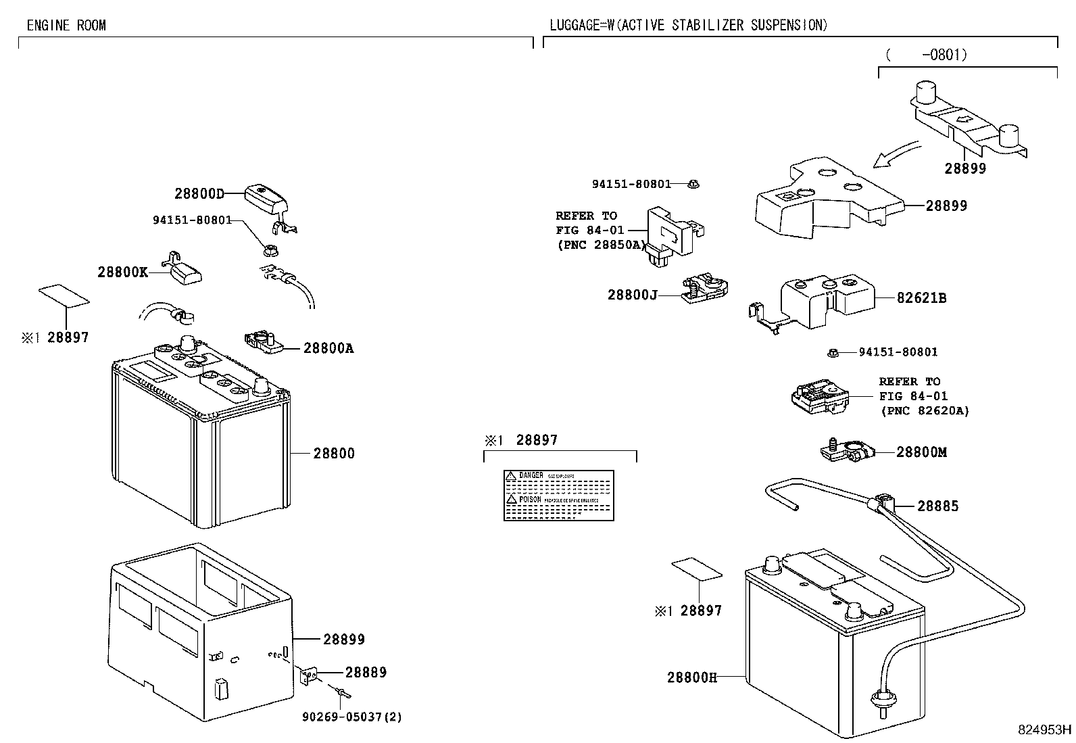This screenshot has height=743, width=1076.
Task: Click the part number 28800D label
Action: (x=199, y=194)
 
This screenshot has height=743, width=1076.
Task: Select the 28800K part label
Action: (x=122, y=272)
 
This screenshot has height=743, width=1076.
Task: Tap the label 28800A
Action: (x=328, y=348)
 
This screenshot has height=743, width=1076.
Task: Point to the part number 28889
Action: (x=366, y=672)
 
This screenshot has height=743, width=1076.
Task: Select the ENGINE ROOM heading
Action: (x=66, y=26)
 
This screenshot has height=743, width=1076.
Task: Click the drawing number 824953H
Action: (x=1045, y=729)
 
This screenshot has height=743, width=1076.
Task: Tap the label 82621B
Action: (x=921, y=297)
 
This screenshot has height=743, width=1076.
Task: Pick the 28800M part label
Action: (x=921, y=452)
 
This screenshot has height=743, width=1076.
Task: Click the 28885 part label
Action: (x=937, y=506)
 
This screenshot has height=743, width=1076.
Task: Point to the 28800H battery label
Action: (x=691, y=677)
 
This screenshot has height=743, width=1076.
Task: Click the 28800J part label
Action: (x=632, y=295)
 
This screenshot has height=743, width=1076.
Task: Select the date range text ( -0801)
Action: (x=925, y=55)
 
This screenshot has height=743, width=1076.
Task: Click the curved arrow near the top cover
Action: (x=896, y=155)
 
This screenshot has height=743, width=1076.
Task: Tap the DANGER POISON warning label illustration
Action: (x=559, y=496)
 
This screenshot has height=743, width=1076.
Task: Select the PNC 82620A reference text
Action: (x=924, y=410)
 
